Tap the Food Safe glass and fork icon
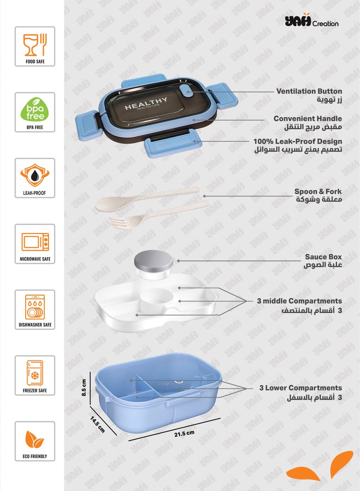tap(35, 41)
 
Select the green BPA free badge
tap(35, 108)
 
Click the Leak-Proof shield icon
tap(35, 173)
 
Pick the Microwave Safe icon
tap(35, 239)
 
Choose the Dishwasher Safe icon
tap(35, 305)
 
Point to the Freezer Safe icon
tap(35, 371)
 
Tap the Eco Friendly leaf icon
tap(35, 437)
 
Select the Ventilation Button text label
tap(309, 91)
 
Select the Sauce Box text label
tap(323, 257)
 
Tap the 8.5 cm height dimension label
tap(83, 387)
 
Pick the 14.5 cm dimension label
tap(97, 424)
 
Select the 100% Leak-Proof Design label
tap(297, 141)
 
